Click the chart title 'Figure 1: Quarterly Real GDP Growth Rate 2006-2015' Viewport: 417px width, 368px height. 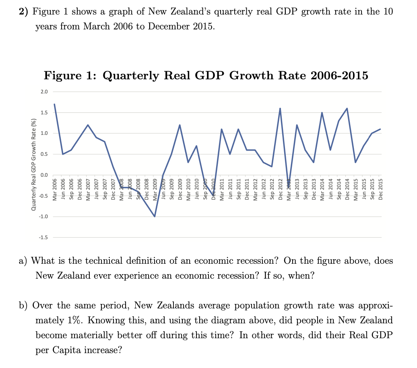pos(206,76)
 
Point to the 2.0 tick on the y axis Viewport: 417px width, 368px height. pos(44,92)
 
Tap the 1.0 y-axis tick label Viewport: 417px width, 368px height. pos(44,133)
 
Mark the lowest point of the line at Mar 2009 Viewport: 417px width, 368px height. pos(155,217)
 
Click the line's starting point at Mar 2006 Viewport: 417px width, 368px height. pos(54,104)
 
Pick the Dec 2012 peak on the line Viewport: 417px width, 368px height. pos(280,108)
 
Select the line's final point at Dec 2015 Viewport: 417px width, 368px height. pos(380,129)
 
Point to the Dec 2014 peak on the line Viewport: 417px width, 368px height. pos(347,108)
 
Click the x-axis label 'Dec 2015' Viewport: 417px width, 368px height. pos(381,188)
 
